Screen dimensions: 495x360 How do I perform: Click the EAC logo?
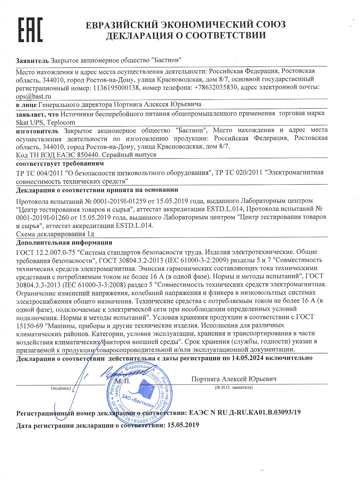coord(30,30)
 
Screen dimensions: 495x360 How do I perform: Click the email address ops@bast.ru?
coord(33,96)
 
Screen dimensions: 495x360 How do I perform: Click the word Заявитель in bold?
coord(32,60)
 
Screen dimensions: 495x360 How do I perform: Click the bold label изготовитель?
coord(37,131)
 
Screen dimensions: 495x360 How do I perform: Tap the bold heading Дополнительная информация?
coord(64,243)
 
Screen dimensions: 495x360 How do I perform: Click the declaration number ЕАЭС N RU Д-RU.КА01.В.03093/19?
coord(245,412)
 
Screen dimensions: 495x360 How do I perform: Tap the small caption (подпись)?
coord(61,388)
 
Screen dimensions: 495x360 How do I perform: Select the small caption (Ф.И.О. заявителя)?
coord(234,387)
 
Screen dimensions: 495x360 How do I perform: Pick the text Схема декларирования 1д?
coord(55,234)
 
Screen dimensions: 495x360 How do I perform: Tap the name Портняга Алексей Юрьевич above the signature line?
coord(234,379)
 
